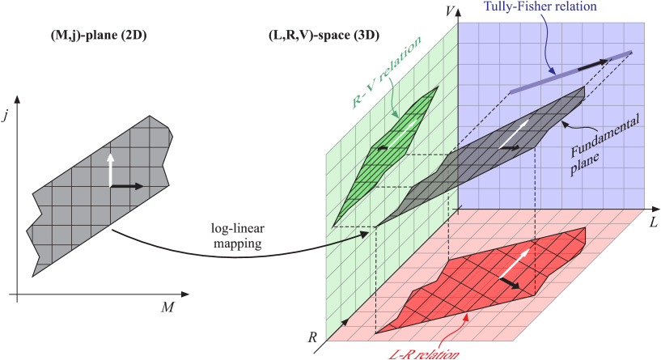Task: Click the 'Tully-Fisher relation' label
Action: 540,6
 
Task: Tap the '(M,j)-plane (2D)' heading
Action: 90,38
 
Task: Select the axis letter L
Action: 652,219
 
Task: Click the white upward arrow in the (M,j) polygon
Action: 111,169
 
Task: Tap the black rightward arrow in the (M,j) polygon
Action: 127,186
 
